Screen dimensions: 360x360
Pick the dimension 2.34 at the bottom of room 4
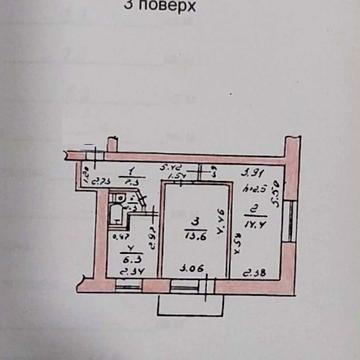(126, 272)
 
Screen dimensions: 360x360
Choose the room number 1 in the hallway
(133, 172)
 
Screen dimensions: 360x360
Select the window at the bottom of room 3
(188, 286)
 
